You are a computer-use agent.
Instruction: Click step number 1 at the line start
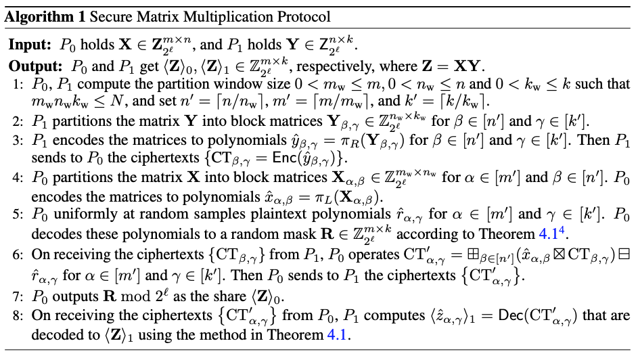17,85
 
